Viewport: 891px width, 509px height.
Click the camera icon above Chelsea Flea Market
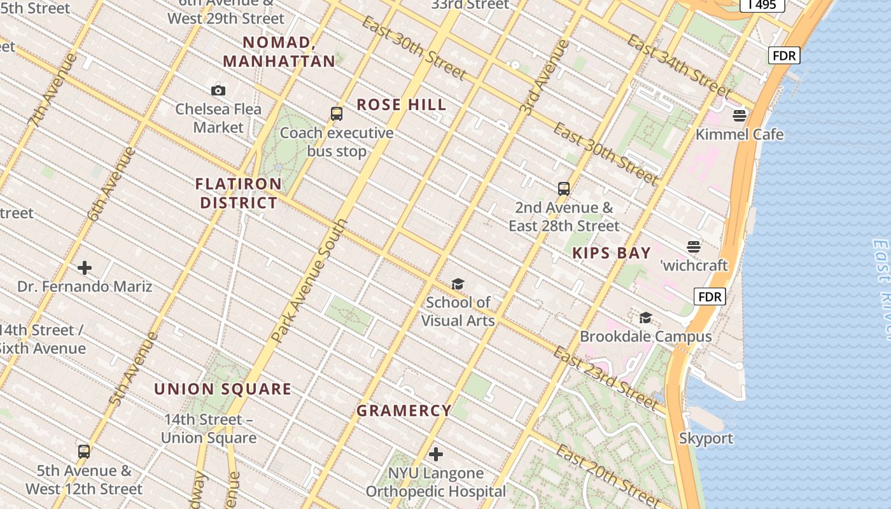tap(218, 90)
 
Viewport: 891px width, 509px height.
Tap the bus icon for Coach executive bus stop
tap(337, 114)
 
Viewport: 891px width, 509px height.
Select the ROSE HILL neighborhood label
tap(401, 105)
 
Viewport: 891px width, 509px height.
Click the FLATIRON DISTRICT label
tap(239, 193)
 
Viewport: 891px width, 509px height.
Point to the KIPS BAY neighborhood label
tap(612, 253)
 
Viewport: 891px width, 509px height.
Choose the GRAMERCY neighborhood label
tap(404, 411)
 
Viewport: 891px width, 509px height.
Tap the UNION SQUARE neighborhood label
tap(223, 389)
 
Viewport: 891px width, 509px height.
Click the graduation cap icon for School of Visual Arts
tap(458, 284)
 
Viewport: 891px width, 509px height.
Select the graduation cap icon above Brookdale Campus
tap(645, 317)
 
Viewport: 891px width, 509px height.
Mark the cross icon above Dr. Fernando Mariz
tap(84, 268)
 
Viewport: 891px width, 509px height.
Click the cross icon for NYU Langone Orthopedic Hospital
tap(436, 454)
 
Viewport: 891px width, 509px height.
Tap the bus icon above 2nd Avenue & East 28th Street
tap(564, 188)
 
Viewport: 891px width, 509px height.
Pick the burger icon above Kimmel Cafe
tap(740, 116)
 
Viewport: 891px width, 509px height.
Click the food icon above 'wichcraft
tap(694, 247)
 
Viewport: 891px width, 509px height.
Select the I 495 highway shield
tap(762, 5)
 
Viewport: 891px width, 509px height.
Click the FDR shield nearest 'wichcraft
tap(710, 296)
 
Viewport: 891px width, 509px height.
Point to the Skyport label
tap(706, 438)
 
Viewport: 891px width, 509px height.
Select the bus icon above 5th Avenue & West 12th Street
tap(84, 452)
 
